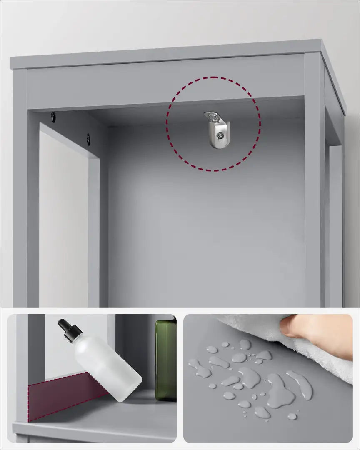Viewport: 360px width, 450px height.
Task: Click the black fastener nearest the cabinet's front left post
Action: [53, 117]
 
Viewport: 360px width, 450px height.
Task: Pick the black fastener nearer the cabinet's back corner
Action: [88, 139]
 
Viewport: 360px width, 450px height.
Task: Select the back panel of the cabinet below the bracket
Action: [204, 229]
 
